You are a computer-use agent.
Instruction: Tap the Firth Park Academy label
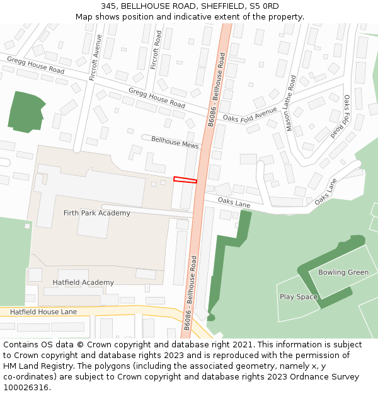(97, 213)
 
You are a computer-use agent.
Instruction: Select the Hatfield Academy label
(83, 282)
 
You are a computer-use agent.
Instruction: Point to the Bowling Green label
(343, 272)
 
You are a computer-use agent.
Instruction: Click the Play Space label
(299, 297)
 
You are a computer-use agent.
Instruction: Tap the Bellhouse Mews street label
(175, 141)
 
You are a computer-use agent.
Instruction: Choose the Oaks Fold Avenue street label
(250, 115)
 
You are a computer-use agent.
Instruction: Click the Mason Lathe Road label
(291, 103)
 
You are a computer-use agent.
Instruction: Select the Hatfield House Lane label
(43, 312)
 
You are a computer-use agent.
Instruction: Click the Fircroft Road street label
(158, 50)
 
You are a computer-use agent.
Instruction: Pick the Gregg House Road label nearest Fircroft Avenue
(36, 64)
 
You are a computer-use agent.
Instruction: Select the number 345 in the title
(108, 6)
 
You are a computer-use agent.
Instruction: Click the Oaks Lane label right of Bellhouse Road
(234, 202)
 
